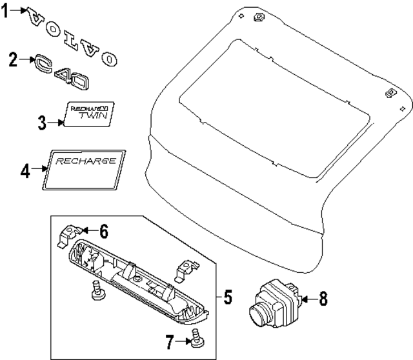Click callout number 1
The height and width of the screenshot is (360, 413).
coord(6,12)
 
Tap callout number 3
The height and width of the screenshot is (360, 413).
coord(42,122)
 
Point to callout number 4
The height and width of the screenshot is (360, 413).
coord(25,172)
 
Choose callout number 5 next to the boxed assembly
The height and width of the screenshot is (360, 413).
coord(227,297)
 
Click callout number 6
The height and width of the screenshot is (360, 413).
coord(104,230)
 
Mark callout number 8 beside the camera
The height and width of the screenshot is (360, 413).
coord(323,298)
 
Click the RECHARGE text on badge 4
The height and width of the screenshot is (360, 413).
coord(85,161)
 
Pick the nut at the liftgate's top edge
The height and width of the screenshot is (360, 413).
coord(259,17)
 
